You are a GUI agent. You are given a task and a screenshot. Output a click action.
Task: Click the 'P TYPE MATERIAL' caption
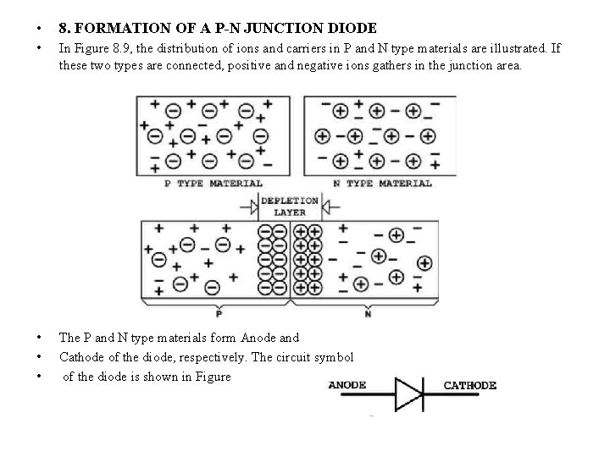point(213,183)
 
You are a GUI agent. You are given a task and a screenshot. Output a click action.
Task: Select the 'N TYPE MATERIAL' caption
point(382,183)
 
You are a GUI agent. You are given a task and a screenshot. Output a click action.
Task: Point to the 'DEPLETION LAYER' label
point(290,206)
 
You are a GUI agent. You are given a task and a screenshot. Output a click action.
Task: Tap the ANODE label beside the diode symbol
point(347,386)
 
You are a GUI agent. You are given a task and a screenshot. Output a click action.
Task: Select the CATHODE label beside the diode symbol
point(470,386)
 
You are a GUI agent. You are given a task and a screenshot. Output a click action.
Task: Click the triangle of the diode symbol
point(408,394)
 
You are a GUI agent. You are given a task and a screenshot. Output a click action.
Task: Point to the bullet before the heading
point(29,29)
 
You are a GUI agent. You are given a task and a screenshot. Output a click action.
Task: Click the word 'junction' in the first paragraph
point(464,65)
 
